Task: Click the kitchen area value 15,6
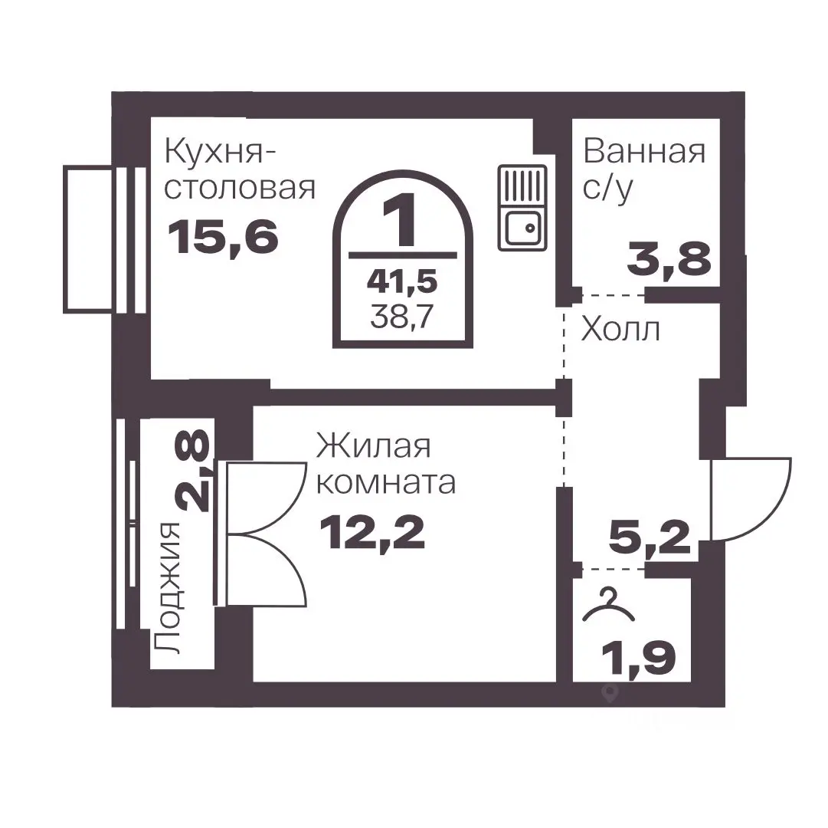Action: [x=223, y=236]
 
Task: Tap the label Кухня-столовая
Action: [x=240, y=169]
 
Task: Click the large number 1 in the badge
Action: [x=402, y=220]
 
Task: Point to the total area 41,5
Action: [x=402, y=281]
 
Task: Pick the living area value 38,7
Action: [x=402, y=316]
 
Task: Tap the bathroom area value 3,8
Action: [x=669, y=258]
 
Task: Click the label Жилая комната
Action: [x=385, y=465]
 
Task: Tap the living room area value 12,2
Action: [x=372, y=531]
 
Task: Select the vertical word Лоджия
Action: [x=167, y=587]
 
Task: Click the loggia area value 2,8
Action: [x=195, y=471]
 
